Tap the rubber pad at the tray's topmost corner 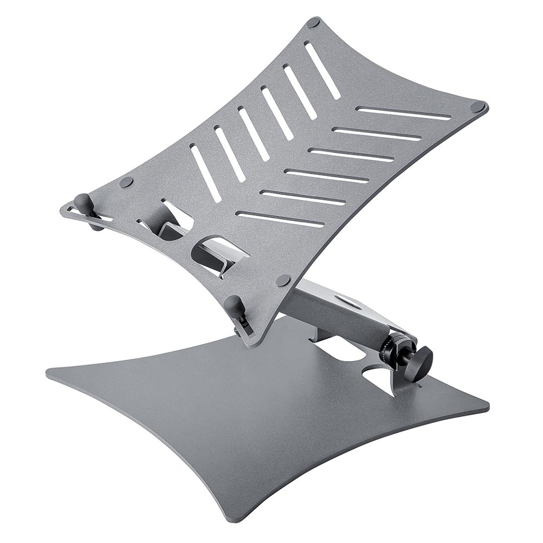click(313, 23)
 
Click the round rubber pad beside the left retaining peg click(125, 182)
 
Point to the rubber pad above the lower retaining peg click(282, 280)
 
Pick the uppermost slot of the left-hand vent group click(323, 71)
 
